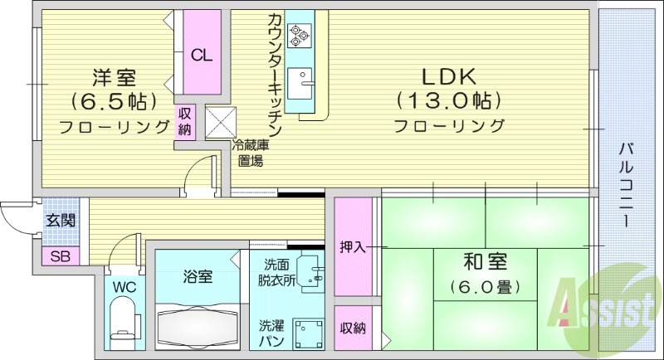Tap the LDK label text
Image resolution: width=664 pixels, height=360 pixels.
[x=448, y=77]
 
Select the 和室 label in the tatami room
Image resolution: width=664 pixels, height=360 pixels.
[x=486, y=265]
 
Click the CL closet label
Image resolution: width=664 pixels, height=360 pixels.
[x=202, y=56]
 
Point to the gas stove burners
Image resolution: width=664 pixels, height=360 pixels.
[x=298, y=36]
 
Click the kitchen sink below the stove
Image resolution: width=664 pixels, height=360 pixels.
[x=306, y=81]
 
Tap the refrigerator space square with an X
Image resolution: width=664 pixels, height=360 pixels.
[x=221, y=123]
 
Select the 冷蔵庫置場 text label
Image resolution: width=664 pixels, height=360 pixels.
[x=248, y=153]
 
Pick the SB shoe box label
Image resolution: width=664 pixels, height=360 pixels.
[x=60, y=256]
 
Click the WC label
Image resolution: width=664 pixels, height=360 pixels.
[x=124, y=287]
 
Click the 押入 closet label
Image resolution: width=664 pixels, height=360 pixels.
[x=352, y=246]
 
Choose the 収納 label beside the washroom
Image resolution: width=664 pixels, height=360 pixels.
[x=352, y=328]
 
